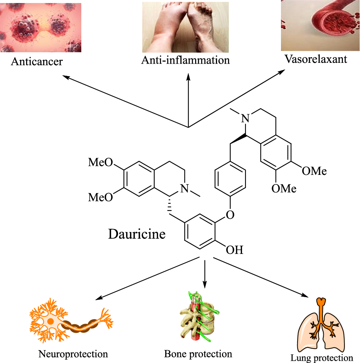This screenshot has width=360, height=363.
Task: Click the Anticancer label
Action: [x=36, y=61]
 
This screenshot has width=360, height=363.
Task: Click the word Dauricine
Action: [x=137, y=234]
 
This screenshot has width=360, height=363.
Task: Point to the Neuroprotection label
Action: [x=73, y=354]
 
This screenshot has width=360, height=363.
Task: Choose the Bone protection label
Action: [x=198, y=354]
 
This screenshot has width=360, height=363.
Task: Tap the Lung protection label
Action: [x=321, y=358]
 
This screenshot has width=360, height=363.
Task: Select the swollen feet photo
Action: [x=185, y=27]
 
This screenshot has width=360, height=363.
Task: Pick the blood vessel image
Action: [x=320, y=25]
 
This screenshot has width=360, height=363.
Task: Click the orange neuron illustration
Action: [x=71, y=320]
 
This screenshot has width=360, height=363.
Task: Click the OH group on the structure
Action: [x=234, y=250]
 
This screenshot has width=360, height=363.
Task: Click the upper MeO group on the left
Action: [x=100, y=163]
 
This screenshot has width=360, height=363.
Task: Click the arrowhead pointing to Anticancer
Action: [x=65, y=77]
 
